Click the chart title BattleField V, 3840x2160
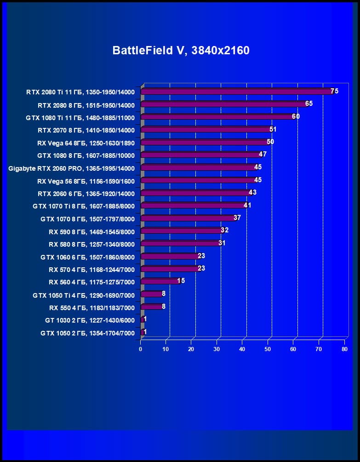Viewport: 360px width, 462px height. [x=181, y=51]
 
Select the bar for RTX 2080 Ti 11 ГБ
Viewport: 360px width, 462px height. [x=237, y=92]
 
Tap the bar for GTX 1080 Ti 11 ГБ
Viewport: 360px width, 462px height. [x=218, y=117]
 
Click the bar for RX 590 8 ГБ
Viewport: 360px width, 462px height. [x=182, y=231]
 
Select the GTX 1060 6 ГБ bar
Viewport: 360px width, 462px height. [x=170, y=256]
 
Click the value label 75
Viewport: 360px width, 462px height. [x=334, y=91]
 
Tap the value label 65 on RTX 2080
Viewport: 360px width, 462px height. [x=309, y=104]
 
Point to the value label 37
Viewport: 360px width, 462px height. [x=237, y=218]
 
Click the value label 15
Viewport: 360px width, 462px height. [x=181, y=281]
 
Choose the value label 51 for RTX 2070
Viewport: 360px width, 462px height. [x=273, y=129]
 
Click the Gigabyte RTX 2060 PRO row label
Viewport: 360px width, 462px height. [x=71, y=168]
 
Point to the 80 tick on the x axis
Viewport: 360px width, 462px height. [x=344, y=349]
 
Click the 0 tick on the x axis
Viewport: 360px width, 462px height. [x=141, y=349]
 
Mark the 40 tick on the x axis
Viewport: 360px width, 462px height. [x=242, y=349]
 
